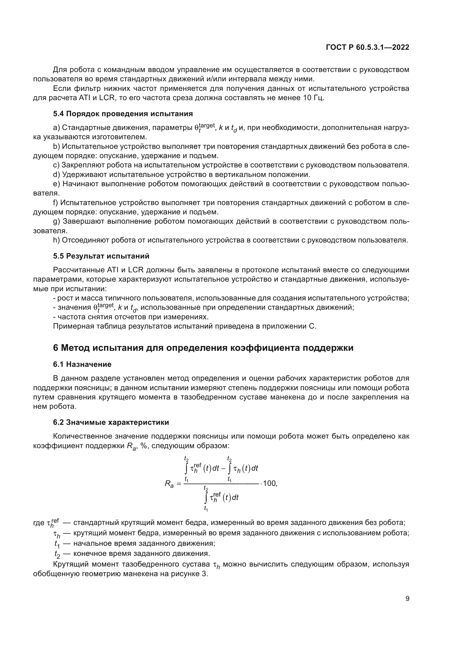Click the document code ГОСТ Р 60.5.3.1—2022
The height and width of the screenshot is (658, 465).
tap(367, 47)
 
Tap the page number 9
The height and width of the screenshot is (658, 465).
tap(407, 598)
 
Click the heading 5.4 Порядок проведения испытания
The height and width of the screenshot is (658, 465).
tap(123, 114)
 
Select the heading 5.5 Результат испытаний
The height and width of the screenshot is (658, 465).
tap(101, 256)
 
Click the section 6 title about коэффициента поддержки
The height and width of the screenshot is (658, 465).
tap(203, 348)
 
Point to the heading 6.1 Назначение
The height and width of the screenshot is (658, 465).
tap(82, 364)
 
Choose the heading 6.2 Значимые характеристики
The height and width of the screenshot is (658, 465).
tap(111, 422)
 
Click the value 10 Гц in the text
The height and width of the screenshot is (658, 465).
tap(313, 98)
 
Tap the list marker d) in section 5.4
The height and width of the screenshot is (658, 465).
tap(57, 174)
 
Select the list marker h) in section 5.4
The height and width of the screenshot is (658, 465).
tap(57, 240)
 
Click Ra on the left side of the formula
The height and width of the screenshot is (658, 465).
tap(169, 484)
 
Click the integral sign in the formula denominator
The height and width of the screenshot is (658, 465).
tap(206, 498)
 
